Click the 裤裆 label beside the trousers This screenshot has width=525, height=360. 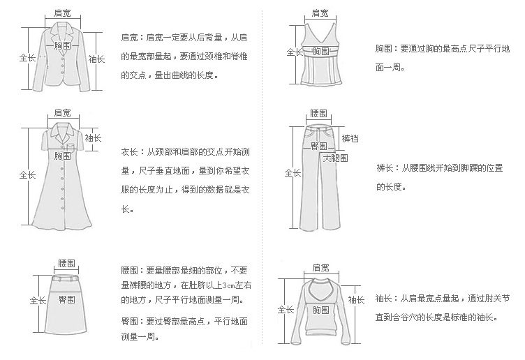coord(350,138)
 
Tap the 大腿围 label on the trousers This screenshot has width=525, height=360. coord(335,158)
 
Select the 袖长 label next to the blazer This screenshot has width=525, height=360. coord(97,60)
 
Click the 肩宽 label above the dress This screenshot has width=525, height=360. coord(62,112)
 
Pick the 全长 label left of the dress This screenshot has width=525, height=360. coord(27,174)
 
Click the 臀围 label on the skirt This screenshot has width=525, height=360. coord(67,300)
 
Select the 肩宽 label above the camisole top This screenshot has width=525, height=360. coord(320,13)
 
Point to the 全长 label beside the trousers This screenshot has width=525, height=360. coord(293,173)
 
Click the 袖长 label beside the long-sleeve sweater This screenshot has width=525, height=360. coord(356,299)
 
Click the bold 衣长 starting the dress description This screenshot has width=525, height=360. coord(128,151)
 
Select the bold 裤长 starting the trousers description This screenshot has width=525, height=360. coord(384,168)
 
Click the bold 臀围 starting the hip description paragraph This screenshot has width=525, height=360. coord(128,321)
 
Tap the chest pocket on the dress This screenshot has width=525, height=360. coord(72,146)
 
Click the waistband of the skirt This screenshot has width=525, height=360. coord(67,275)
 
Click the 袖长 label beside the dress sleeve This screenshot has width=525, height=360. coord(94,138)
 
